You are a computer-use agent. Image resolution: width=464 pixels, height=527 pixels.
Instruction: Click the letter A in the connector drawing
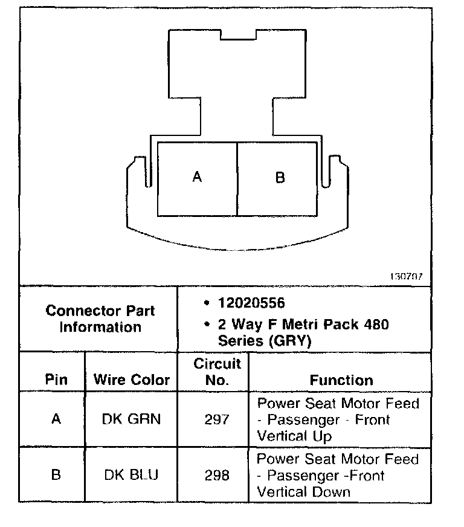(197, 177)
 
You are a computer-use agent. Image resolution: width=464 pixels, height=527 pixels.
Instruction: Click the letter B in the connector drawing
(280, 178)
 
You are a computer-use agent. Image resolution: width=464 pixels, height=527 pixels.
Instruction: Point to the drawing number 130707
(407, 276)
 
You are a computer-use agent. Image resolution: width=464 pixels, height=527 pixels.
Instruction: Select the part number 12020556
(251, 303)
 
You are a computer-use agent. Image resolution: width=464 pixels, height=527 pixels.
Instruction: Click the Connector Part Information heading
(100, 318)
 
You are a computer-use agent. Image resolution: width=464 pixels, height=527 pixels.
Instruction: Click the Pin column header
(56, 380)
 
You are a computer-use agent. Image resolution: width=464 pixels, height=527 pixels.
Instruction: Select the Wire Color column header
(132, 380)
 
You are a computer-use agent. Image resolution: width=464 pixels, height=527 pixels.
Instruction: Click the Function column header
(341, 380)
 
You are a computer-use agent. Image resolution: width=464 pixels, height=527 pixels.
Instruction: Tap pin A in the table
(56, 419)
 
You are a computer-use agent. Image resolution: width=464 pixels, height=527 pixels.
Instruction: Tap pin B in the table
(56, 475)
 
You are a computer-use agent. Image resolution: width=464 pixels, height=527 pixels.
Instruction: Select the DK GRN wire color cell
(132, 419)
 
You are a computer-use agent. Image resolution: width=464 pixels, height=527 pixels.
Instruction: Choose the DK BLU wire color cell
(131, 475)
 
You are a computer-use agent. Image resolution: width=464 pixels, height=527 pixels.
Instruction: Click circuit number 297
(216, 419)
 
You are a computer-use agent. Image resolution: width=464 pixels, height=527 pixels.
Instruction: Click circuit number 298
(216, 475)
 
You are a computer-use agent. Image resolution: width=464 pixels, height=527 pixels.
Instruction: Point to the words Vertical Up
(295, 435)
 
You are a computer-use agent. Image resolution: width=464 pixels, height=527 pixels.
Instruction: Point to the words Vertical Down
(303, 491)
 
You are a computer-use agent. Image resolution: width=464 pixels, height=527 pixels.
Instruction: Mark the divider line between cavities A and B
(237, 179)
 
